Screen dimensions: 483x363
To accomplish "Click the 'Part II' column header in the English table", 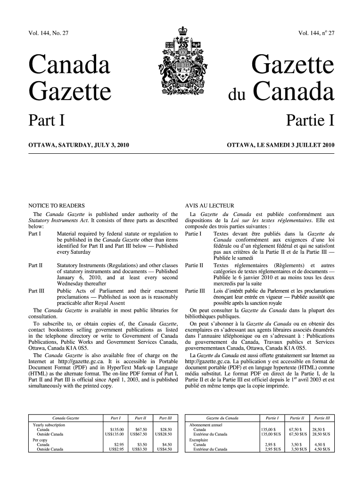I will click(x=140, y=418).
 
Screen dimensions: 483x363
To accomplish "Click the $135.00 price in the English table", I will click(x=116, y=429).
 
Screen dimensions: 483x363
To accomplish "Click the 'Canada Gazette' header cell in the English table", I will click(x=66, y=418).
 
